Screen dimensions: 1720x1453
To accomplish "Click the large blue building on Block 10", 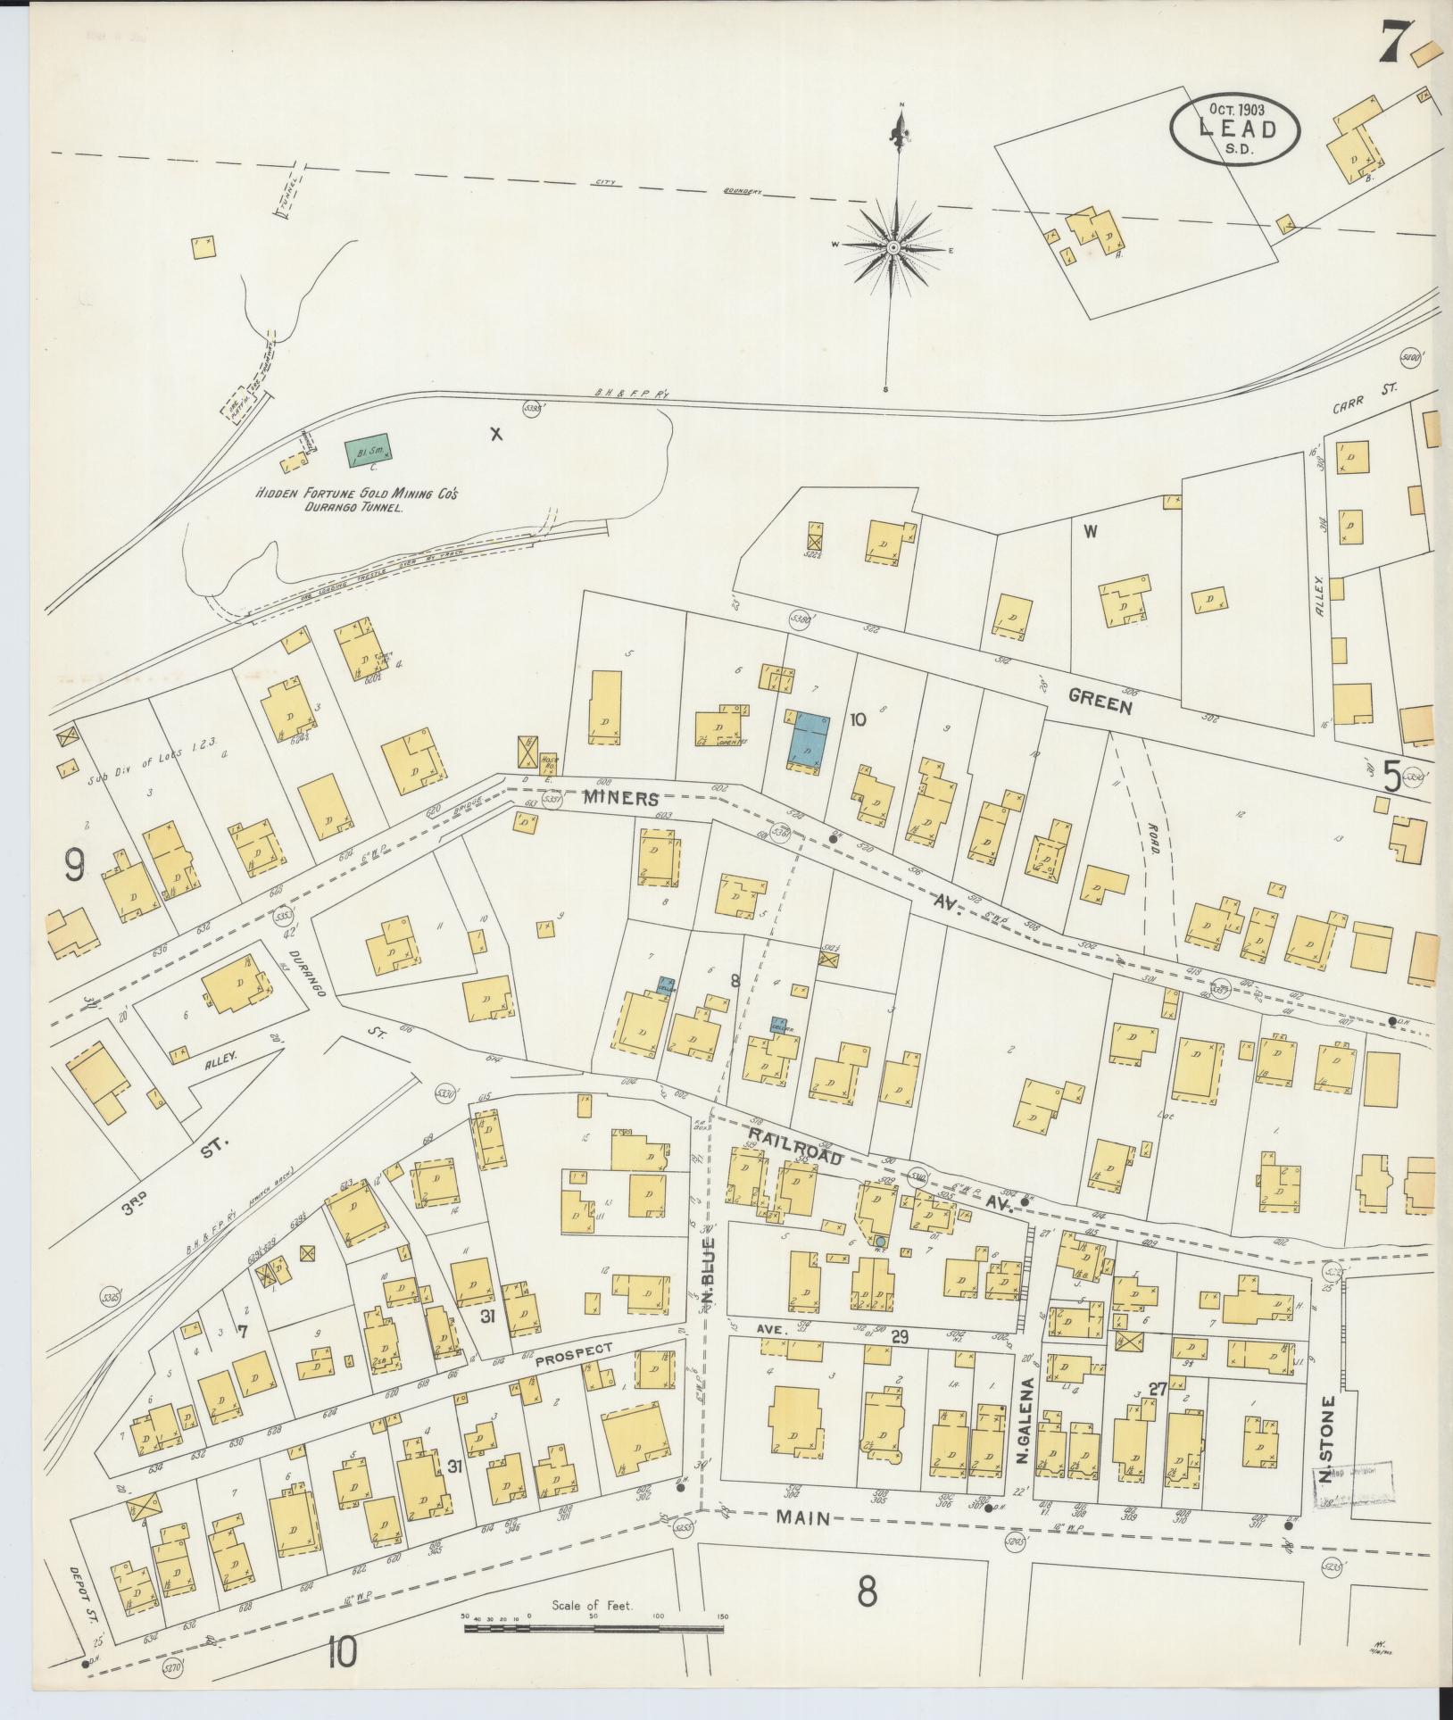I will pos(809,739).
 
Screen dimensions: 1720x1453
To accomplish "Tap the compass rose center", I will pos(893,246).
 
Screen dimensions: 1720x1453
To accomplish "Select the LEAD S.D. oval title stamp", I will pos(1234,130).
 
